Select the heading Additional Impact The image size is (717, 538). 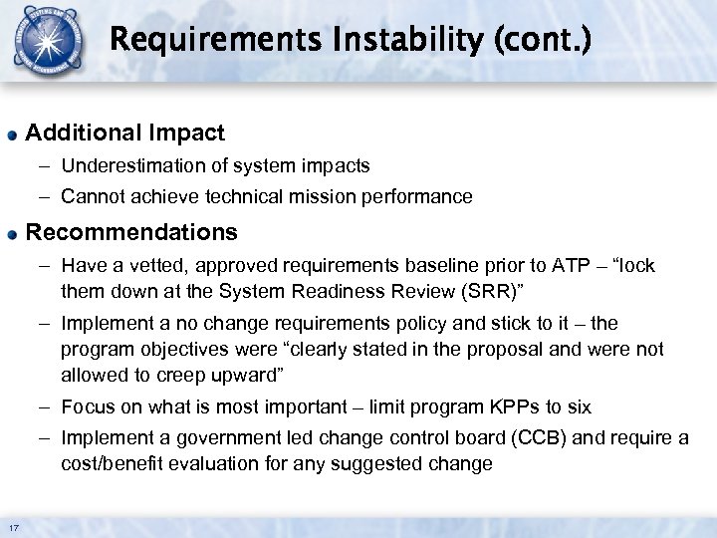(124, 133)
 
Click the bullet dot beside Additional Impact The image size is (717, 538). (12, 134)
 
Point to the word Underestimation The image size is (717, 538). (124, 165)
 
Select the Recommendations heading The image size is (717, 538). (131, 232)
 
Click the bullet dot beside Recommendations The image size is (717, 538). (12, 233)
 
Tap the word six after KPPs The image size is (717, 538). (578, 406)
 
